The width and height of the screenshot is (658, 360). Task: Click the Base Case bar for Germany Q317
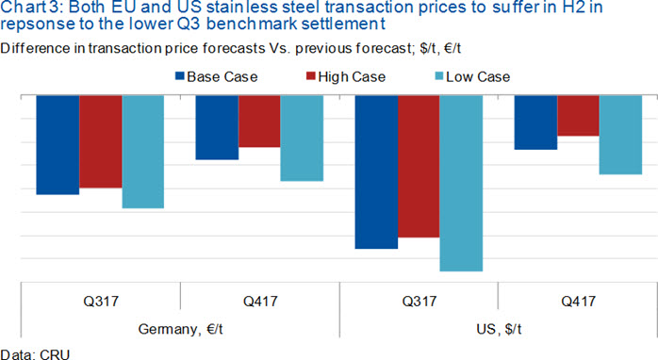pyautogui.click(x=58, y=145)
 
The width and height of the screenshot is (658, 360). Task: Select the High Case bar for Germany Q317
pyautogui.click(x=101, y=141)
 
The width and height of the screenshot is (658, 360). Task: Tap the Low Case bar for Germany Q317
pyautogui.click(x=143, y=152)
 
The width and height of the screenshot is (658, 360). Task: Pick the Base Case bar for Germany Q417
pyautogui.click(x=218, y=127)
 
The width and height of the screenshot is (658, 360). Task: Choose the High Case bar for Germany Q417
pyautogui.click(x=260, y=121)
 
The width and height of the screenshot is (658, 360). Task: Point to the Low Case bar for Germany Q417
pyautogui.click(x=303, y=138)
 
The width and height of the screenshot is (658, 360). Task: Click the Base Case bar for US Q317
pyautogui.click(x=377, y=172)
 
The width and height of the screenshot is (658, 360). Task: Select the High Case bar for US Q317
pyautogui.click(x=419, y=166)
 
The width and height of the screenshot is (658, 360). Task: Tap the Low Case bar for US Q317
pyautogui.click(x=461, y=184)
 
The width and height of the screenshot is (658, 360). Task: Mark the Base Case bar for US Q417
pyautogui.click(x=535, y=123)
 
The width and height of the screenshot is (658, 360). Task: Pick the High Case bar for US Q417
pyautogui.click(x=578, y=115)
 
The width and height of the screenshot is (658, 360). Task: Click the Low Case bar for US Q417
pyautogui.click(x=620, y=135)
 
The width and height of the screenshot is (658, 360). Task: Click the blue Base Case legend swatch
pyautogui.click(x=180, y=76)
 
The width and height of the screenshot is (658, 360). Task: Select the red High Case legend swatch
pyautogui.click(x=311, y=76)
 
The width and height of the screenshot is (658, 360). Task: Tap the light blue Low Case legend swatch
pyautogui.click(x=439, y=76)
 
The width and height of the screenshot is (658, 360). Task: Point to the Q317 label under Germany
pyautogui.click(x=101, y=301)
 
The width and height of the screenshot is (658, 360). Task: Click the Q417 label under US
pyautogui.click(x=578, y=301)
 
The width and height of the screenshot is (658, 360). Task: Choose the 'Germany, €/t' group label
pyautogui.click(x=180, y=329)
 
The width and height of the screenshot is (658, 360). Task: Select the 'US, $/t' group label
pyautogui.click(x=499, y=329)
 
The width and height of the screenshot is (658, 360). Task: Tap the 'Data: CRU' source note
pyautogui.click(x=35, y=354)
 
